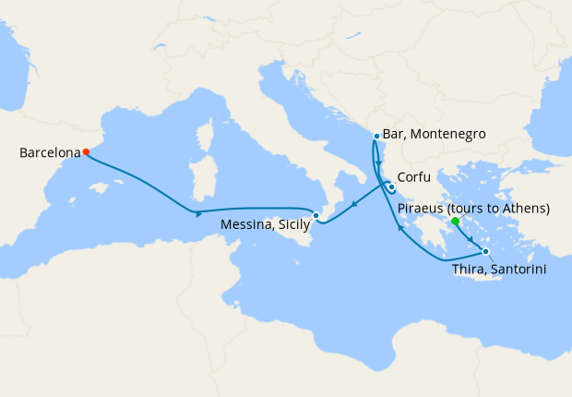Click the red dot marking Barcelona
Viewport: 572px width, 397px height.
pos(86,151)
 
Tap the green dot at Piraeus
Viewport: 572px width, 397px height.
pos(456,222)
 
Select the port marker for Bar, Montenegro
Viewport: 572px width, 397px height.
pos(376,137)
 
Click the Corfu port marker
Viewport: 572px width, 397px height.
pos(391,187)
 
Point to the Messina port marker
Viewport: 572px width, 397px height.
pos(316,216)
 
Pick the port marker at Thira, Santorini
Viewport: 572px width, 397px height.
pos(486,251)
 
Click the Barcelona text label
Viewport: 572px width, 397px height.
pos(49,152)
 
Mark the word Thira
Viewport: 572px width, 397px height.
pos(471,269)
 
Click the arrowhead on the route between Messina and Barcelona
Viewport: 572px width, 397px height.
pos(199,215)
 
